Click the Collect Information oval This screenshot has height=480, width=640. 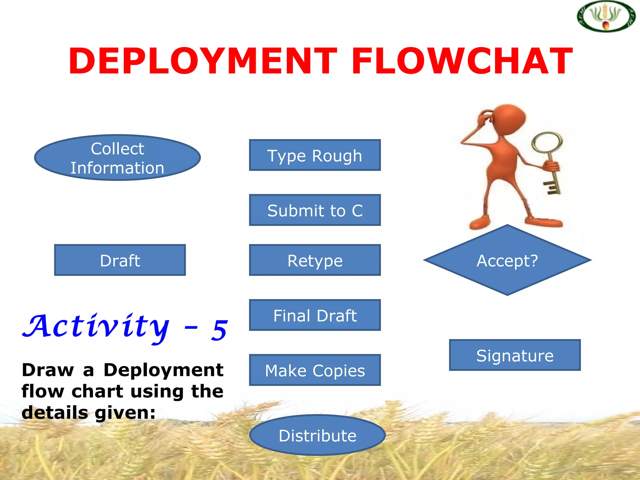pyautogui.click(x=117, y=158)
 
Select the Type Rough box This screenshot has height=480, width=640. pyautogui.click(x=315, y=155)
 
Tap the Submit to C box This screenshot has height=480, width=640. pyautogui.click(x=315, y=210)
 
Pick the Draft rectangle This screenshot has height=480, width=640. pyautogui.click(x=120, y=260)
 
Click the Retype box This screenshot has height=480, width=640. pyautogui.click(x=315, y=260)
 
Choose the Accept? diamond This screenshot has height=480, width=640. pyautogui.click(x=507, y=260)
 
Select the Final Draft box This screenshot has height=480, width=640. pyautogui.click(x=315, y=315)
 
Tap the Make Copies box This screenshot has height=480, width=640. pyautogui.click(x=315, y=370)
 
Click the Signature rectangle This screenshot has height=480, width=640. pyautogui.click(x=515, y=355)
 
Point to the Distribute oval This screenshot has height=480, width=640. pyautogui.click(x=317, y=435)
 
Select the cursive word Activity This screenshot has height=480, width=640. pyautogui.click(x=97, y=327)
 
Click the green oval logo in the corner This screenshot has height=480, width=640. pyautogui.click(x=606, y=17)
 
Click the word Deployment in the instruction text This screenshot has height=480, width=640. pyautogui.click(x=163, y=370)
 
